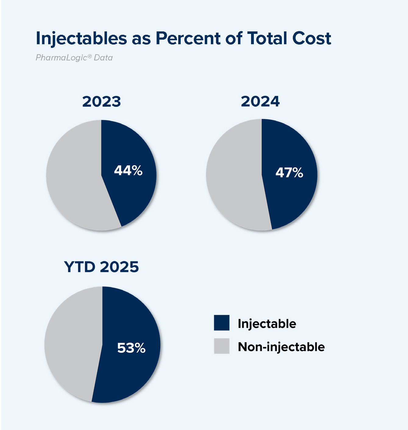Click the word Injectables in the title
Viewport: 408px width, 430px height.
tap(81, 39)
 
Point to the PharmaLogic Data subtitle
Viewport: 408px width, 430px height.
tap(74, 58)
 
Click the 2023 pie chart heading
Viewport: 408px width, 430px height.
tap(101, 102)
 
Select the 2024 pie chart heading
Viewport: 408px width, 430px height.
tap(260, 102)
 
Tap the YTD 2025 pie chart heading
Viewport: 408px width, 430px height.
tap(101, 267)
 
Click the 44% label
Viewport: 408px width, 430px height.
tap(128, 170)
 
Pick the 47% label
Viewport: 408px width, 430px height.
tap(289, 173)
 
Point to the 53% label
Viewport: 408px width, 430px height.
tap(131, 348)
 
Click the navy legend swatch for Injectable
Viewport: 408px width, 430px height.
tap(222, 323)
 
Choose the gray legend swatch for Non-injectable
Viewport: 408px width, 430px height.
tap(222, 346)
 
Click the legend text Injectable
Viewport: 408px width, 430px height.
tap(267, 324)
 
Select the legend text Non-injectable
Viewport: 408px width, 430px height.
tap(281, 347)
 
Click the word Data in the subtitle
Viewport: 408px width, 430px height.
tap(103, 58)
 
